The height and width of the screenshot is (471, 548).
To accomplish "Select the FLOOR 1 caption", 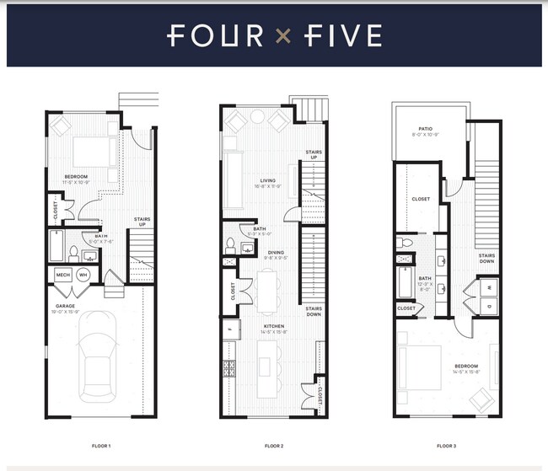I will pos(100,445).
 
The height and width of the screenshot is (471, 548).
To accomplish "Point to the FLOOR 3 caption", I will pos(447,445).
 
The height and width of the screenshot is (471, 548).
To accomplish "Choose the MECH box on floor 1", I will pos(63,275).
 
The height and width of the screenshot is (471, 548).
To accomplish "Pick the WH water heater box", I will pos(83,275).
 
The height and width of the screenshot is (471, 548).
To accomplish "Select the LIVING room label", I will pos(268,180).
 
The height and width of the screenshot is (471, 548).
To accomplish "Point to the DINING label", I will pos(276,252).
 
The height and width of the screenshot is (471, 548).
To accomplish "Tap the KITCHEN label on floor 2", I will pos(272,326).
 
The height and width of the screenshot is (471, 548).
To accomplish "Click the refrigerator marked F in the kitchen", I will pos(228,326).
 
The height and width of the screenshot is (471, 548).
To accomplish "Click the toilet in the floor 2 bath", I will pos(229,247).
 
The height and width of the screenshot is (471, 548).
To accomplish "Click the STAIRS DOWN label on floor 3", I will pos(486,258).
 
